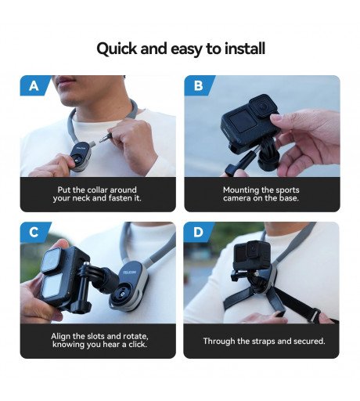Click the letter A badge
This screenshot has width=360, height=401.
pyautogui.click(x=34, y=86)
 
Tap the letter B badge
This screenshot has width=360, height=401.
pyautogui.click(x=198, y=86)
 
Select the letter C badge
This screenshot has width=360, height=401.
pyautogui.click(x=34, y=233)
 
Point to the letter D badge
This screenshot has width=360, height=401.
pyautogui.click(x=198, y=233)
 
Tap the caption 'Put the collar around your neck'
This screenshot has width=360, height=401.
pyautogui.click(x=98, y=194)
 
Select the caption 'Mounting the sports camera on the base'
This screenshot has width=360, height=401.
pyautogui.click(x=261, y=194)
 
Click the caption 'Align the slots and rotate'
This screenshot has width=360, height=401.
pyautogui.click(x=98, y=341)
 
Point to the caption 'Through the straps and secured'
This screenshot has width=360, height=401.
pyautogui.click(x=264, y=341)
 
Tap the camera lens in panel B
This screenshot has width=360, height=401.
pyautogui.click(x=264, y=104)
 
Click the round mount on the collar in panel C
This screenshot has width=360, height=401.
pyautogui.click(x=125, y=287)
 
